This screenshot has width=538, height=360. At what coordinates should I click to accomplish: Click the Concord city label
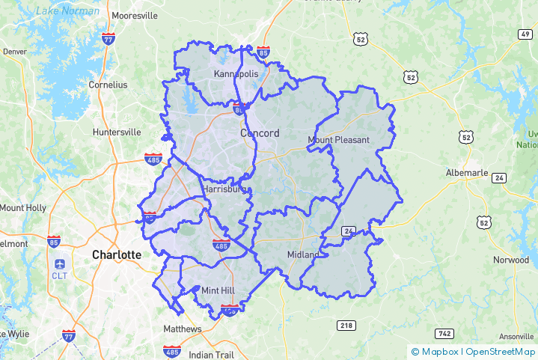pos(260,133)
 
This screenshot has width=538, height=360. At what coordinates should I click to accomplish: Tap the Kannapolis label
pos(236,74)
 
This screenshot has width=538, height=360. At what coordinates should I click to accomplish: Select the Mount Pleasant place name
pos(338,140)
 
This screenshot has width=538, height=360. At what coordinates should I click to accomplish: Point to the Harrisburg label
pos(224,190)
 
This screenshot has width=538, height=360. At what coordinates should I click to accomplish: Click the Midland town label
pos(303,255)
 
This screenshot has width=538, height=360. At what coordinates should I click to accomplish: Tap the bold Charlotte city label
pos(116,254)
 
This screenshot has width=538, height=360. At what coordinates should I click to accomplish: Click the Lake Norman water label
pos(69,10)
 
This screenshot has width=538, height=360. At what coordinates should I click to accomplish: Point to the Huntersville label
pos(116,132)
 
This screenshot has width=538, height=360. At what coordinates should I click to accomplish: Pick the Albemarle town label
pos(466,173)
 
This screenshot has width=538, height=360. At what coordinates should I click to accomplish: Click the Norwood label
pos(510,260)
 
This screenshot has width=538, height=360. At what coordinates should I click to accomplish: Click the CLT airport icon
pos(60,264)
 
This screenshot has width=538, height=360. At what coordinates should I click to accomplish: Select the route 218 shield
pos(346,325)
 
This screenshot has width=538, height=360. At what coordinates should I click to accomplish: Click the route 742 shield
pos(444,333)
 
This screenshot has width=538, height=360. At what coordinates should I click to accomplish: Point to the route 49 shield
pos(523,34)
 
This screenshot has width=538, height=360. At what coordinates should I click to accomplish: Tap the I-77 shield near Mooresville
pos(109,38)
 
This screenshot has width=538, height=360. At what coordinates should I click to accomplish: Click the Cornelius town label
pos(108,85)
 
